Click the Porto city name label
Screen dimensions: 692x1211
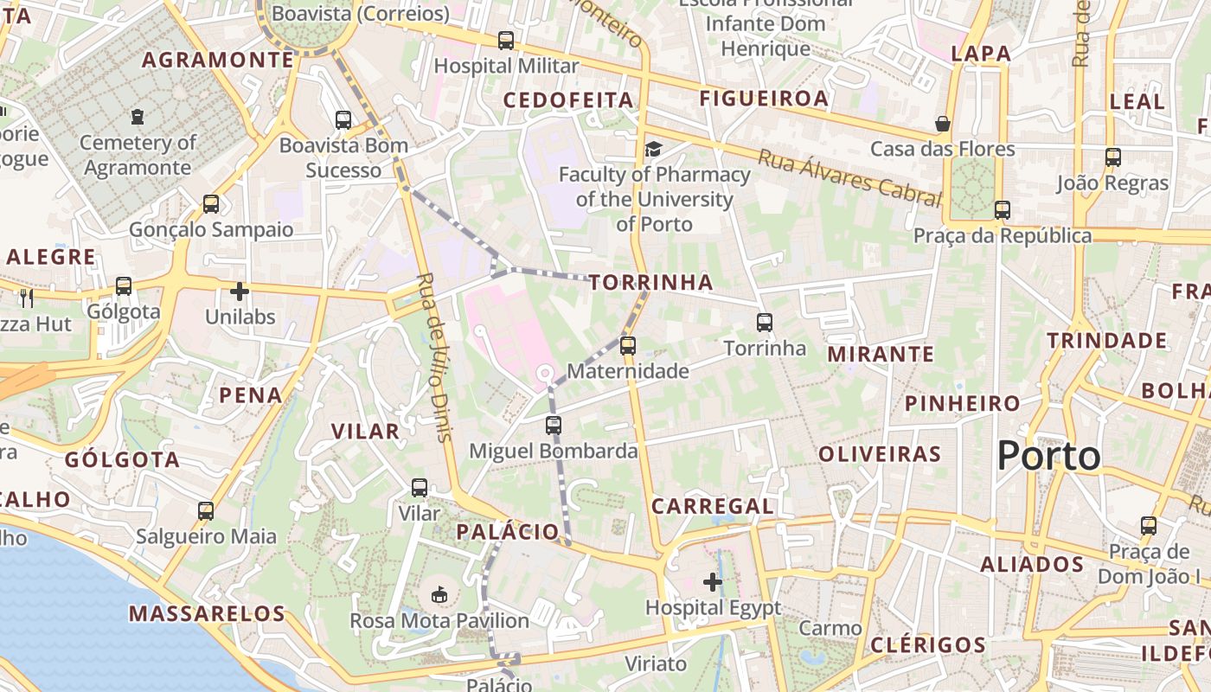(x=1048, y=456)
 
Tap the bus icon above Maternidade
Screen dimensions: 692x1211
(x=628, y=346)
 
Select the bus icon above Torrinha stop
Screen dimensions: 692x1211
(x=765, y=323)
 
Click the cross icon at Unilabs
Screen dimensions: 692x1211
(x=240, y=292)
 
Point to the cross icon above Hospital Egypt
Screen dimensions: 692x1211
(x=713, y=582)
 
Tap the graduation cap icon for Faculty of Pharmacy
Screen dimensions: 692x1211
(x=653, y=150)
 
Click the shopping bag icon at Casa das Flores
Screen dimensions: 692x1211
(x=943, y=124)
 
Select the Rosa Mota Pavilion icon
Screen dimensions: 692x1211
(x=439, y=595)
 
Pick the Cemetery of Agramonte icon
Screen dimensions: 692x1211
(x=137, y=116)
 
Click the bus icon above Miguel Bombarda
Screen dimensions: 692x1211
(x=554, y=426)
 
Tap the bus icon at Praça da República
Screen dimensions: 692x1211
(x=1003, y=210)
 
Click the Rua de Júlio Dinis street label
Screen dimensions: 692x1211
(x=435, y=357)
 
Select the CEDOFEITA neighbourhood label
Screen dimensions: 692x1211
(x=568, y=100)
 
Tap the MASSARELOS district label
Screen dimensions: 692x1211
(x=207, y=614)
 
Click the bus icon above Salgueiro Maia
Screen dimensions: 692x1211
(x=206, y=511)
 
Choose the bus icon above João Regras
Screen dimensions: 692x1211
(x=1113, y=157)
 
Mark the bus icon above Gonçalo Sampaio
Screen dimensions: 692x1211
(x=211, y=204)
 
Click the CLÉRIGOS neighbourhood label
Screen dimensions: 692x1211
(x=928, y=645)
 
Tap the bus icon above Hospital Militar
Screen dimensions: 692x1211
(x=506, y=41)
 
